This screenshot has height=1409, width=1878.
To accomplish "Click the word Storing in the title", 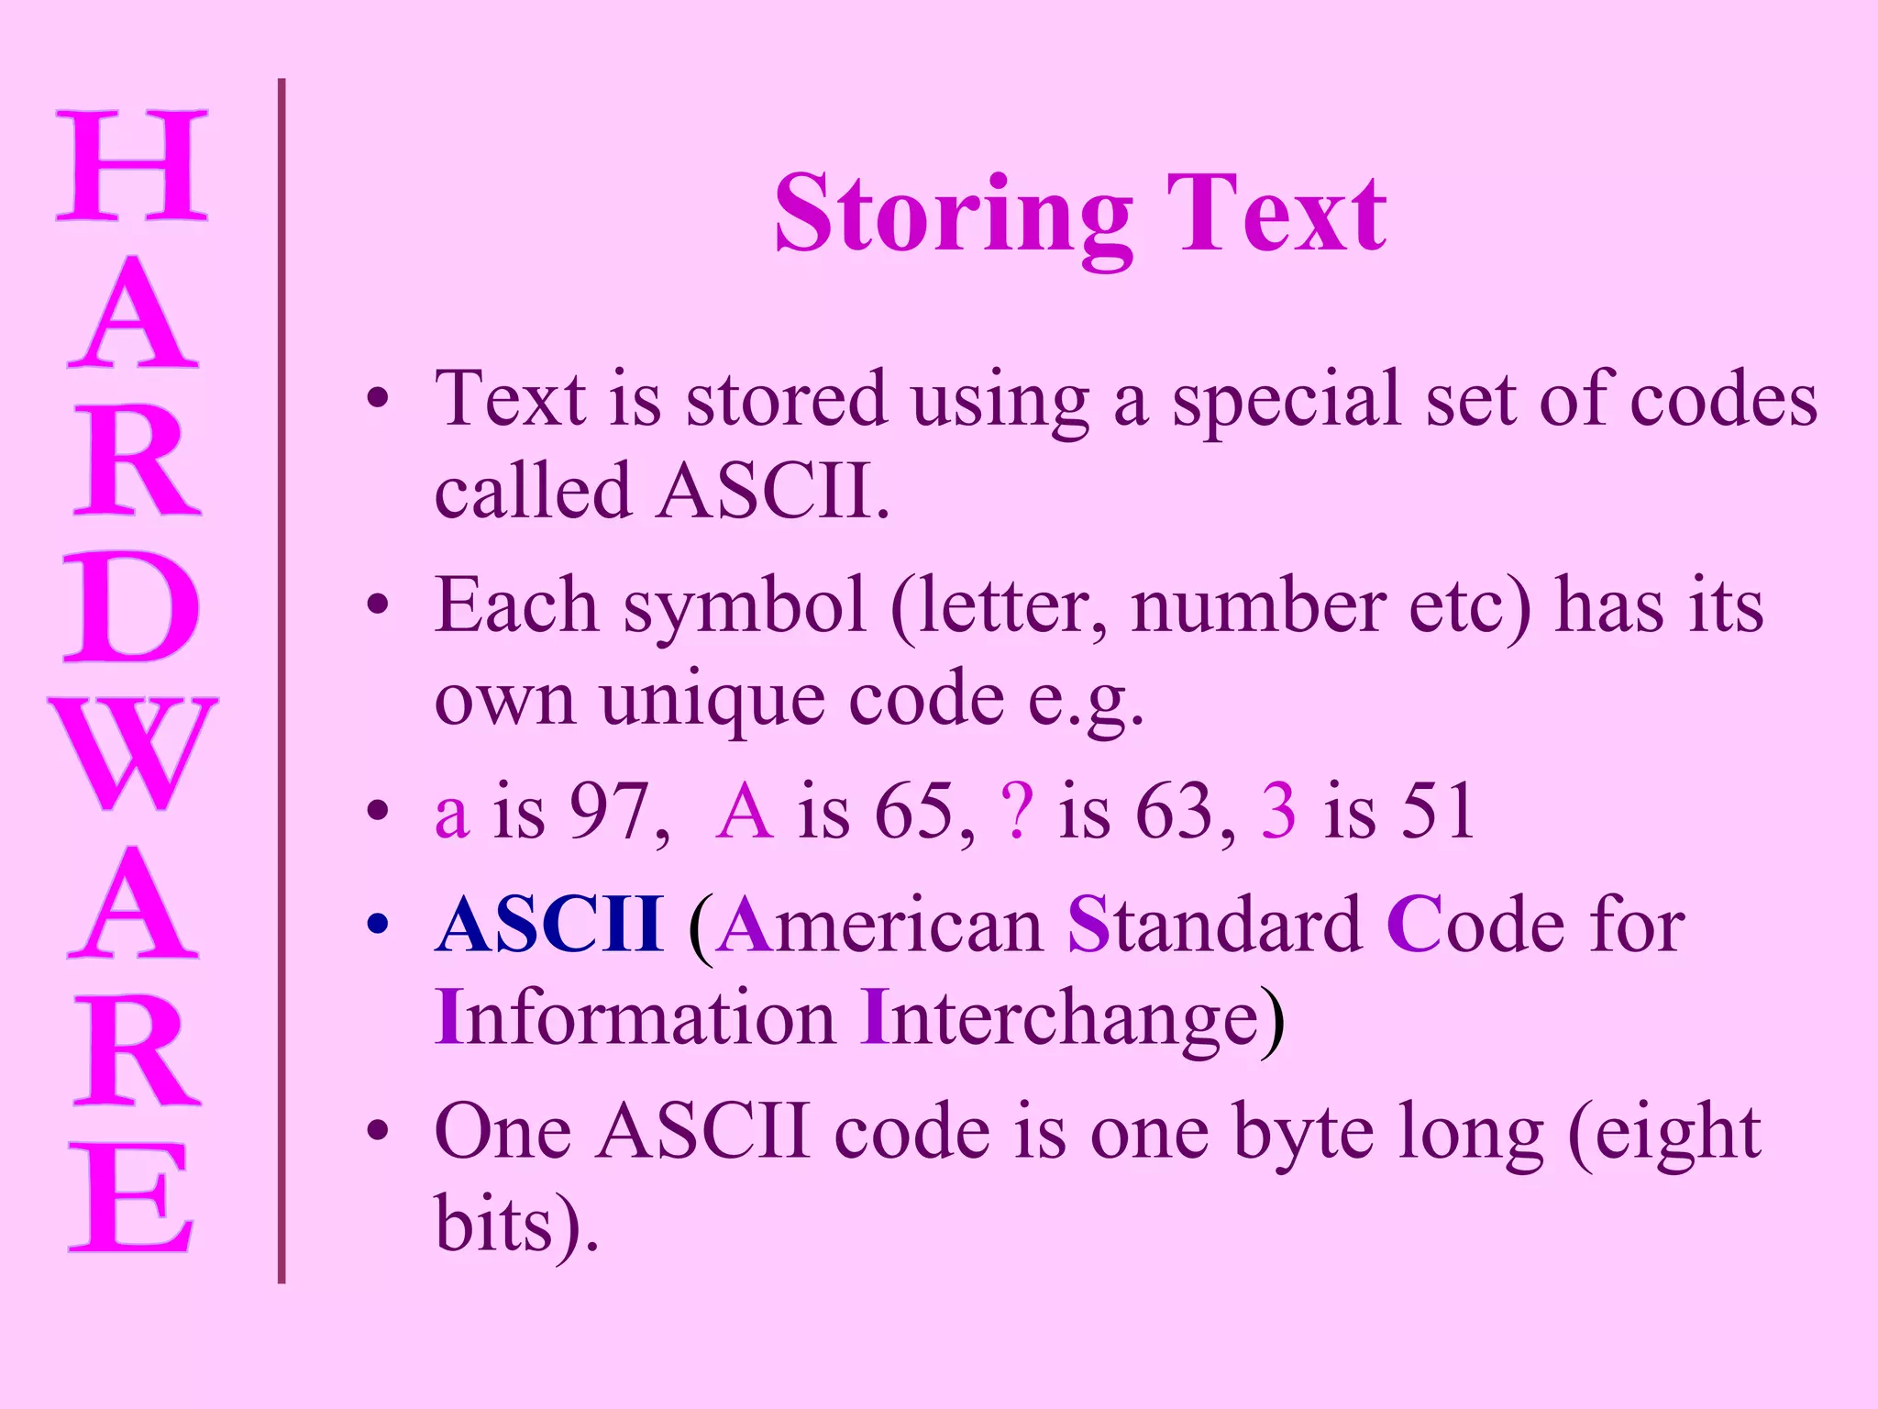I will pos(954,216).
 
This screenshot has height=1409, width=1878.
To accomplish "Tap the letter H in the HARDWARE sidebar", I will pos(132,166).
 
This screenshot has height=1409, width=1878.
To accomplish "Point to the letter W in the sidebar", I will pos(132,753).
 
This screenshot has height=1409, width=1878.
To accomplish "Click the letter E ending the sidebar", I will pos(132,1198).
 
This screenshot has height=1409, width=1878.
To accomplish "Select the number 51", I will pos(1436,811).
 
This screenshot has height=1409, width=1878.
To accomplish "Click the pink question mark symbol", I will pos(1017,811).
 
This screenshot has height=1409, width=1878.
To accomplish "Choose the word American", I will pos(880,925).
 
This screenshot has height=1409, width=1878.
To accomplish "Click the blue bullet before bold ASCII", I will pos(377,925).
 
